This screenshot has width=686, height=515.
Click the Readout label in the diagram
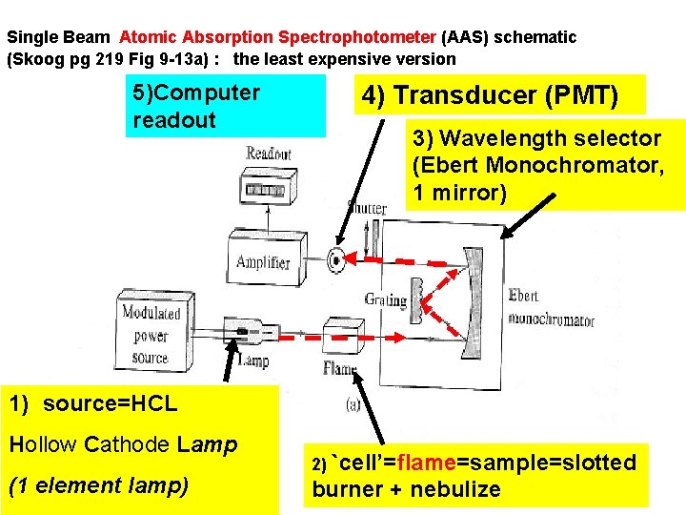(x=268, y=154)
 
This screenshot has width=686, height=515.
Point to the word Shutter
(x=366, y=208)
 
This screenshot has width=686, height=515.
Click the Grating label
(x=385, y=299)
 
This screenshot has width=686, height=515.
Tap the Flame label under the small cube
(x=340, y=369)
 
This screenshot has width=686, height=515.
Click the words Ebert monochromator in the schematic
(x=551, y=308)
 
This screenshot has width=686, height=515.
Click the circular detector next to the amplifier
(x=335, y=257)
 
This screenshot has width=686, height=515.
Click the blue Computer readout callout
(x=225, y=107)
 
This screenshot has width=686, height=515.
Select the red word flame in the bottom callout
(x=423, y=463)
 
